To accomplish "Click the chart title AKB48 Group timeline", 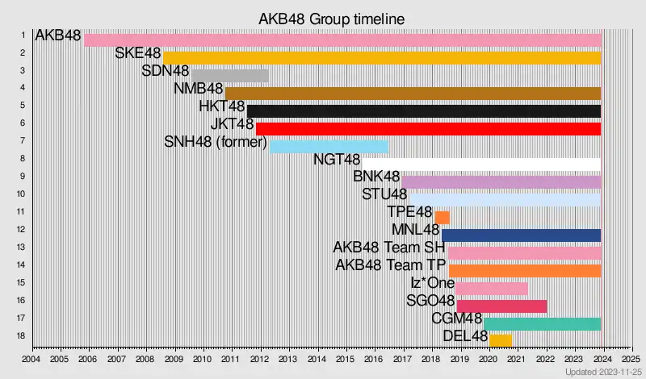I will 331,18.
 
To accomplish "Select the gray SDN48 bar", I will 230,76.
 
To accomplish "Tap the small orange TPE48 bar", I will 442,218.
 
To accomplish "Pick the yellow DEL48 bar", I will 501,340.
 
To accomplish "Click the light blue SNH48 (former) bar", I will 329,147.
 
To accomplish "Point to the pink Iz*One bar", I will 491,289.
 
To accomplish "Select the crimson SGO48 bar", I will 501,306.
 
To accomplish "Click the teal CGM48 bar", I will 542,324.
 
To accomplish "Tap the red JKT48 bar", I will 428,129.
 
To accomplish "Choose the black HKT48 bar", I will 424,111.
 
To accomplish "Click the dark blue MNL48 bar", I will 521,235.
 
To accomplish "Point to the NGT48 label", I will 336,159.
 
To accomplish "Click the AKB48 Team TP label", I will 390,265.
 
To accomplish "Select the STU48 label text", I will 384,194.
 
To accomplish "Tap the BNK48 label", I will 376,177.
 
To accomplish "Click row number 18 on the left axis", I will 22,335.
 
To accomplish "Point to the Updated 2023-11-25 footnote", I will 603,372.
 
